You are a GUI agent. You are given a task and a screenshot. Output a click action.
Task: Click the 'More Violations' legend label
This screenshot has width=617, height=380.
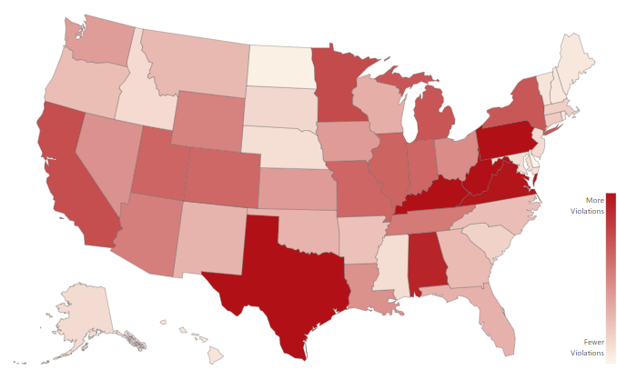click(x=593, y=205)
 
